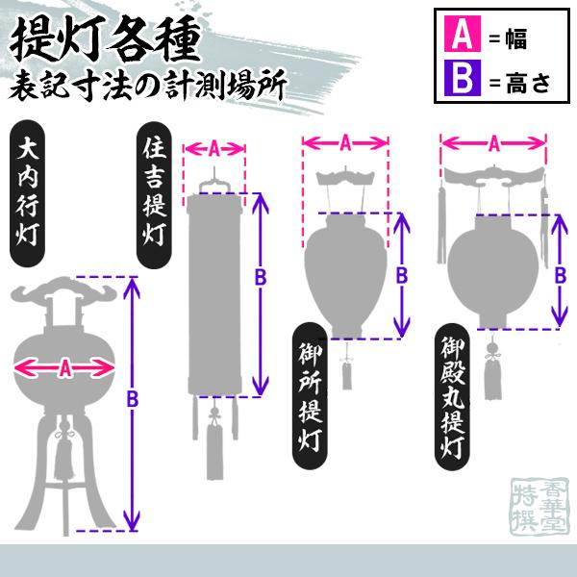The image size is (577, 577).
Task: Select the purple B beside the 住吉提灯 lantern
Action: tap(259, 277)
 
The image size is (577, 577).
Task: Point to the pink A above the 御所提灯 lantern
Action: tap(345, 141)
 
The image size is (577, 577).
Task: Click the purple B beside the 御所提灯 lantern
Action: tap(403, 275)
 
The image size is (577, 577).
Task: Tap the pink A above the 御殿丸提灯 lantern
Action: tap(493, 143)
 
